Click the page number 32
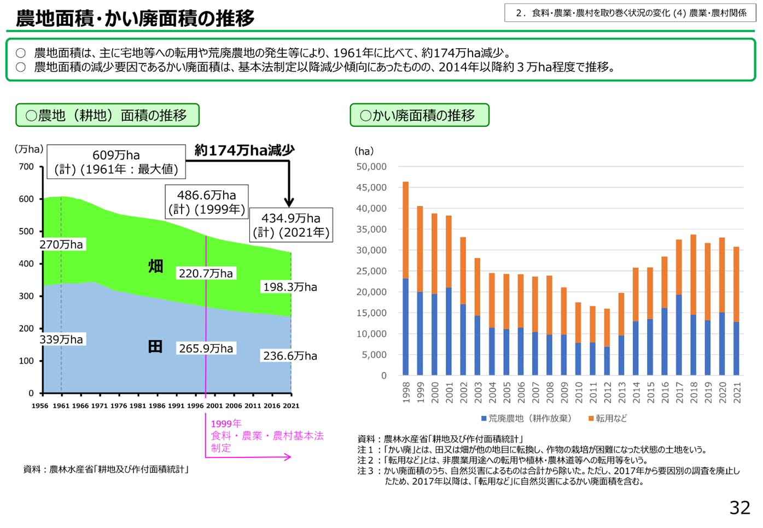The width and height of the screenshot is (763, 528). click(x=739, y=508)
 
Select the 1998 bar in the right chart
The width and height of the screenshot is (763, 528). click(x=406, y=279)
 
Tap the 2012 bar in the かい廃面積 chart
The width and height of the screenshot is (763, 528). click(x=607, y=342)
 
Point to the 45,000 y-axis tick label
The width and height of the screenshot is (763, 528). click(x=371, y=187)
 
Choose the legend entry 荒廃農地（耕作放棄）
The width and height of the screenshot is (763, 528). click(x=526, y=419)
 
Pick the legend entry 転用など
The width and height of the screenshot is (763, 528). click(x=608, y=419)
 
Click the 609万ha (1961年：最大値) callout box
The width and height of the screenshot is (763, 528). click(x=116, y=162)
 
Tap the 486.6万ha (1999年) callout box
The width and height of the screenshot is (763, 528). click(x=207, y=202)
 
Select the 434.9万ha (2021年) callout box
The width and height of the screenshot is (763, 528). click(x=291, y=225)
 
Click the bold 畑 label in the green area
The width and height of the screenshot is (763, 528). click(x=156, y=266)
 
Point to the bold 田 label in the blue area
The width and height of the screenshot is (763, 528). click(x=155, y=347)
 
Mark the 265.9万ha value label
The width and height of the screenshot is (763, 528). click(x=206, y=348)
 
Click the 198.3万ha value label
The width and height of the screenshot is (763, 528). click(x=290, y=287)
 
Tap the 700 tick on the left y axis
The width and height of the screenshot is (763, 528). click(x=26, y=167)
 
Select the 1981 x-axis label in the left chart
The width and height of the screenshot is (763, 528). click(x=138, y=406)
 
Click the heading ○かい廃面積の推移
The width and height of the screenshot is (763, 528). click(x=419, y=115)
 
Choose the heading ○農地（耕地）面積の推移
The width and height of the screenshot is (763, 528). click(x=107, y=115)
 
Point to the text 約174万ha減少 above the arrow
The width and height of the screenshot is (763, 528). click(x=244, y=150)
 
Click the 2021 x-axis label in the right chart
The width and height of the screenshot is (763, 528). click(x=737, y=392)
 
